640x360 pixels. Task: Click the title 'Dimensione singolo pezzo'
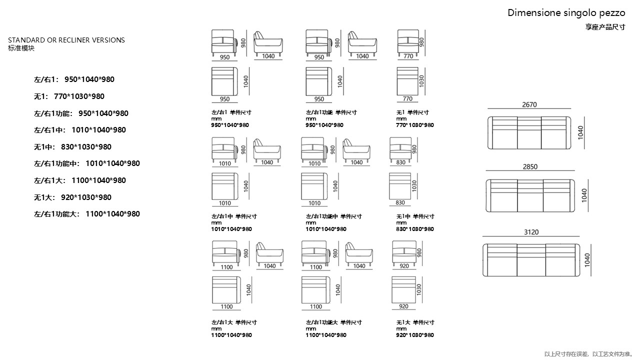click(x=566, y=13)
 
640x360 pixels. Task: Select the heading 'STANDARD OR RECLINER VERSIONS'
click(x=66, y=40)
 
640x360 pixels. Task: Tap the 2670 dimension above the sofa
click(x=529, y=105)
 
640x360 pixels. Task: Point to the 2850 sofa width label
click(x=530, y=167)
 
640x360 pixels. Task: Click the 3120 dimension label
click(x=531, y=232)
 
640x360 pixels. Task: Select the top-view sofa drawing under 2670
click(x=529, y=132)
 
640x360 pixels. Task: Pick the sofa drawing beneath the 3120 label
click(x=531, y=259)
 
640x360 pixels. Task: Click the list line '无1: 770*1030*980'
click(x=69, y=96)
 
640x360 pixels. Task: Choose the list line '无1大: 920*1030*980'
click(x=72, y=197)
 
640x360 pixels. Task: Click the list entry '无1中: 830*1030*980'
click(x=72, y=147)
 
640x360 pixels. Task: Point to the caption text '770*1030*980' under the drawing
click(x=415, y=125)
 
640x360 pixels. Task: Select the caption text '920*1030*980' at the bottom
click(x=415, y=335)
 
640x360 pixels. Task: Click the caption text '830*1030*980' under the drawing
click(x=415, y=229)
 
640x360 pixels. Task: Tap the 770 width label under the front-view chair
click(x=408, y=56)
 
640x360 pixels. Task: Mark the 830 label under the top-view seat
click(x=400, y=203)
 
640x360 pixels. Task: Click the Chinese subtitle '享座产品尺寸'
click(x=605, y=27)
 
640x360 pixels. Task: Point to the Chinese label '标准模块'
click(x=21, y=48)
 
